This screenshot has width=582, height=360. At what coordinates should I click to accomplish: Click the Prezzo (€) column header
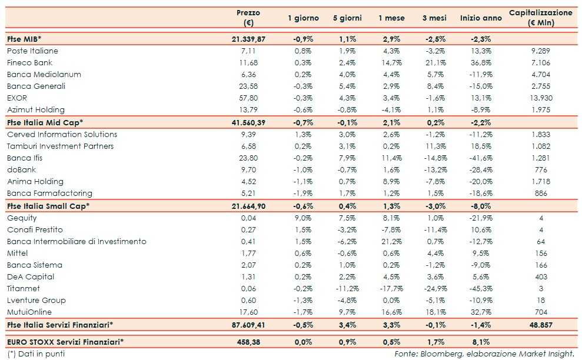[x=248, y=18]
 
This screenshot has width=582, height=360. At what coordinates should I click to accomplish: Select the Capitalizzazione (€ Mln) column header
[x=540, y=18]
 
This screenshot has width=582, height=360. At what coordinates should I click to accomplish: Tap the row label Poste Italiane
[x=32, y=51]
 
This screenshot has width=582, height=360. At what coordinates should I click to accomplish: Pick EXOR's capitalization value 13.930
[x=540, y=98]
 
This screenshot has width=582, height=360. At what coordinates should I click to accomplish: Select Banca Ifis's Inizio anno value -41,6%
[x=481, y=158]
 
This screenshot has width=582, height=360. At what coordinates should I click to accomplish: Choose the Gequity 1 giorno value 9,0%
[x=304, y=218]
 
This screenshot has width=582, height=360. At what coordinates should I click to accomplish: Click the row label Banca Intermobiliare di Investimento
[x=77, y=241]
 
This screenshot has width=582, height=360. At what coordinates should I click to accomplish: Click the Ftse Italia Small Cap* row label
[x=48, y=206]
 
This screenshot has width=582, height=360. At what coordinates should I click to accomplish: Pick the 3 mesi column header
[x=434, y=18]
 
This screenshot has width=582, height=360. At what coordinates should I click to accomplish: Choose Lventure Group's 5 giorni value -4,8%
[x=347, y=300]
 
